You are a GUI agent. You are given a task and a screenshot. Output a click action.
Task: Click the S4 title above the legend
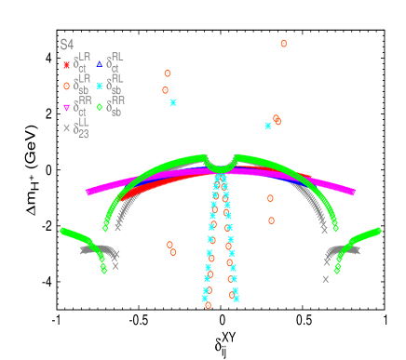[66, 44]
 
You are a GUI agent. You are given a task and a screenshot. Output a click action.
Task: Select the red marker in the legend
[66, 64]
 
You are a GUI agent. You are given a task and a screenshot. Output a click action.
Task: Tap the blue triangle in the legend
[100, 64]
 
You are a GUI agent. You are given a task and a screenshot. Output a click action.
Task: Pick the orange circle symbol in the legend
[66, 86]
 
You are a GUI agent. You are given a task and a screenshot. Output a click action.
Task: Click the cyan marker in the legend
[100, 86]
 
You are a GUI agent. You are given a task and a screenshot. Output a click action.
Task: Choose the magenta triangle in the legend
[66, 107]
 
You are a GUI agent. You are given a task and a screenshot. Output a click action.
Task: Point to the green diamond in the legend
[100, 107]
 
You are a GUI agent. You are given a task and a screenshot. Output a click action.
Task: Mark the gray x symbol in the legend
[66, 128]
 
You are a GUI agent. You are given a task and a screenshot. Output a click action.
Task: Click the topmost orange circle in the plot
[283, 43]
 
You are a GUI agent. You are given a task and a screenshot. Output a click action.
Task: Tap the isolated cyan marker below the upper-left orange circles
[173, 102]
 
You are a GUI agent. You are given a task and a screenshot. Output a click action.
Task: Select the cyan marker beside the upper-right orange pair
[268, 125]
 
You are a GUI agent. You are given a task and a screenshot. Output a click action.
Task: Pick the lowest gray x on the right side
[326, 278]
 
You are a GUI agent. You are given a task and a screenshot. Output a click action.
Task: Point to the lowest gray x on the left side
[115, 266]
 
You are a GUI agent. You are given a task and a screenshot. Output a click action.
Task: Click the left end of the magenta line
[88, 193]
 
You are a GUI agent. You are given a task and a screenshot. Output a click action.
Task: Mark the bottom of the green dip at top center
[221, 168]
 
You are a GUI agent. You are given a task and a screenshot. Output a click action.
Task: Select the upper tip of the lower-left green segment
[62, 230]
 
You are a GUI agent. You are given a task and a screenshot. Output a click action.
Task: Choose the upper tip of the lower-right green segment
[379, 230]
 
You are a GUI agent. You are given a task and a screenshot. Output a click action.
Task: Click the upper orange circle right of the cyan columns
[270, 198]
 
